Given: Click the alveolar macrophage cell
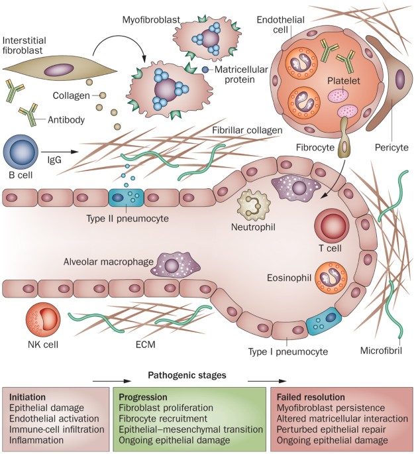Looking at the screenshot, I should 172,266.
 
